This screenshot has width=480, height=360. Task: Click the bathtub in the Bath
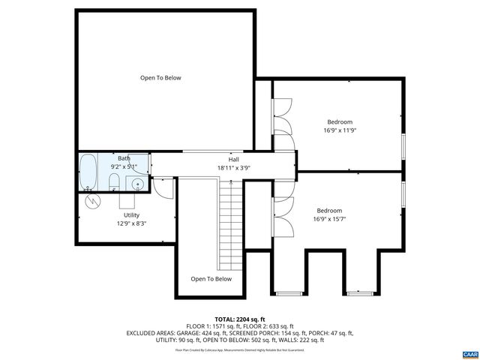pos(88,172)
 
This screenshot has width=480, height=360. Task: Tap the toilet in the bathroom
pos(112,182)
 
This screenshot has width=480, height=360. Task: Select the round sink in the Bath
pos(138,184)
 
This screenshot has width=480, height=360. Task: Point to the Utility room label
pos(131,215)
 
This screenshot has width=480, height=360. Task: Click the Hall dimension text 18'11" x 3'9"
pos(233,168)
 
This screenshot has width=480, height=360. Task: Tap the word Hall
pos(234,160)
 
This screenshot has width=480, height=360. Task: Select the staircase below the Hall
pos(232,225)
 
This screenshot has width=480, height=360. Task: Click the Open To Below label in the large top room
pos(160,78)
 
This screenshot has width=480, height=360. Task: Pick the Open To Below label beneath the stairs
pos(211,279)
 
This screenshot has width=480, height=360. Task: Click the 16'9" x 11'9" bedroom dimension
pos(339,130)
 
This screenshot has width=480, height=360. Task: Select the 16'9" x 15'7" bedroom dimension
pos(329,219)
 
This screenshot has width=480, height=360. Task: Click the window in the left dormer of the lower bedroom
pos(289,292)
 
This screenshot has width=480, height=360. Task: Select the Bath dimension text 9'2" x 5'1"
pos(124,166)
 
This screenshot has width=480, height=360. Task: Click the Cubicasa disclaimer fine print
pos(239,349)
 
